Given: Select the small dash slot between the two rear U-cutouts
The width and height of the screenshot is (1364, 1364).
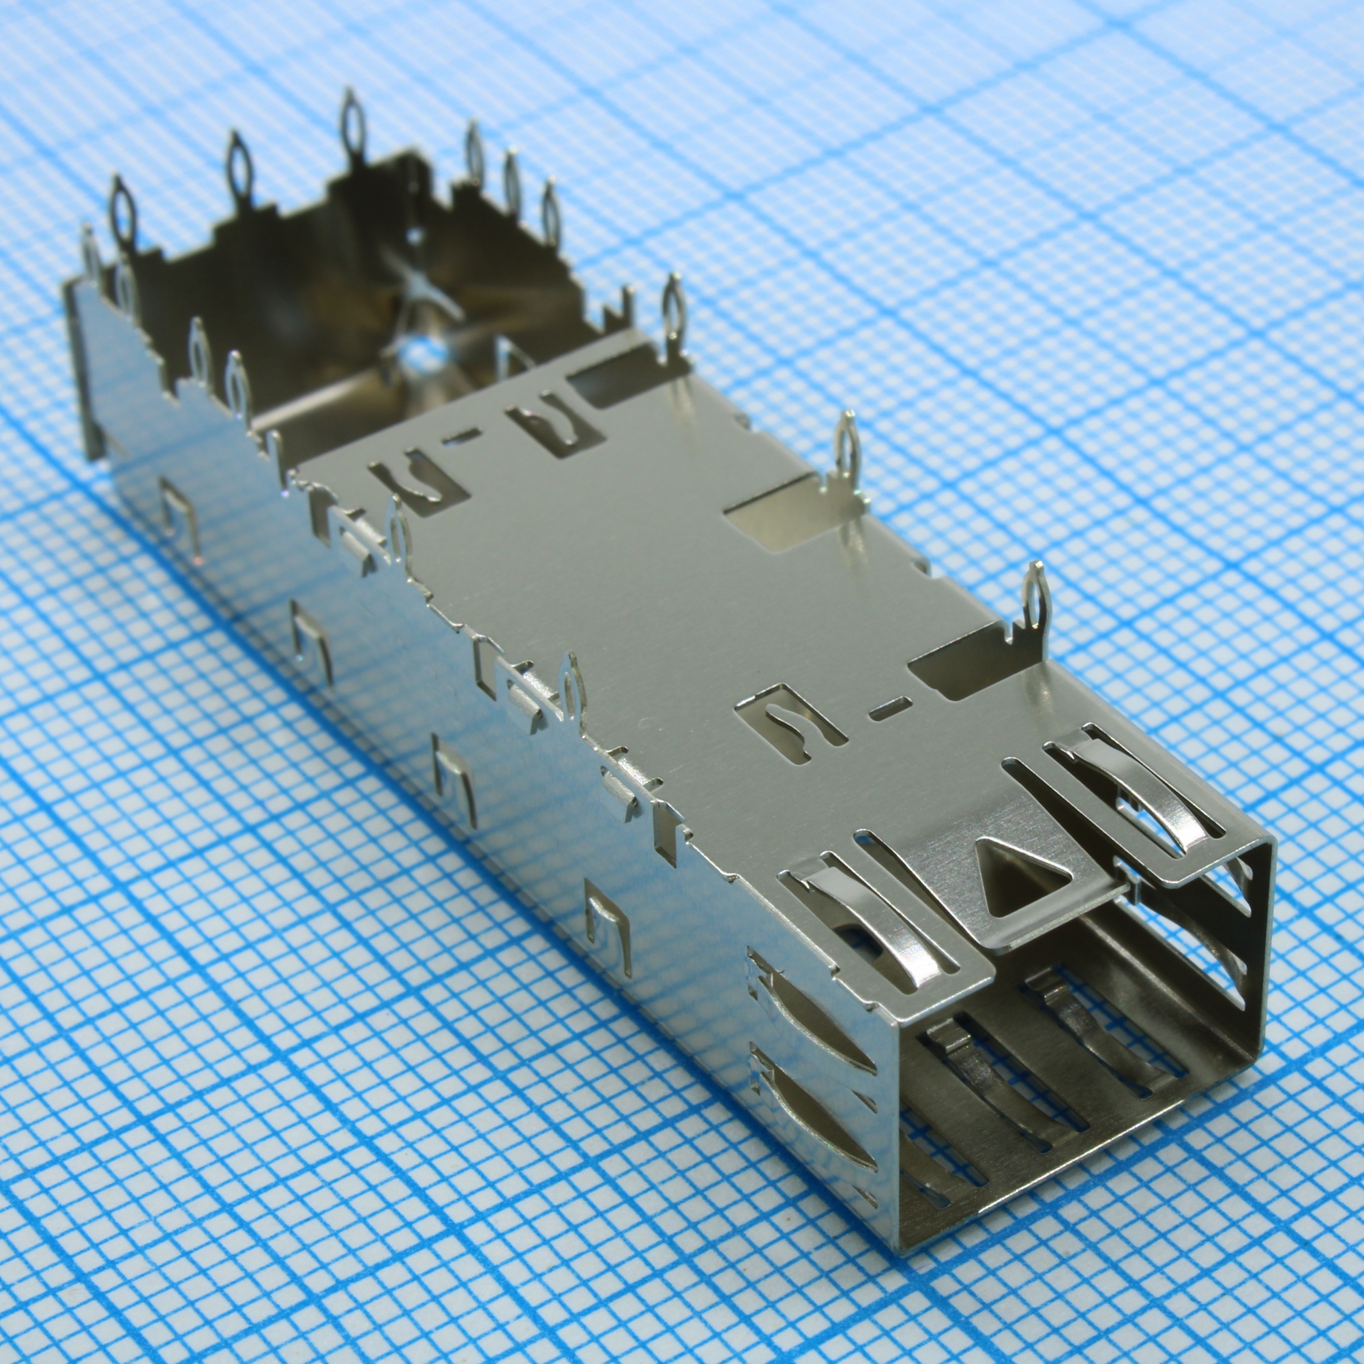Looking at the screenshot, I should click(459, 443).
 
